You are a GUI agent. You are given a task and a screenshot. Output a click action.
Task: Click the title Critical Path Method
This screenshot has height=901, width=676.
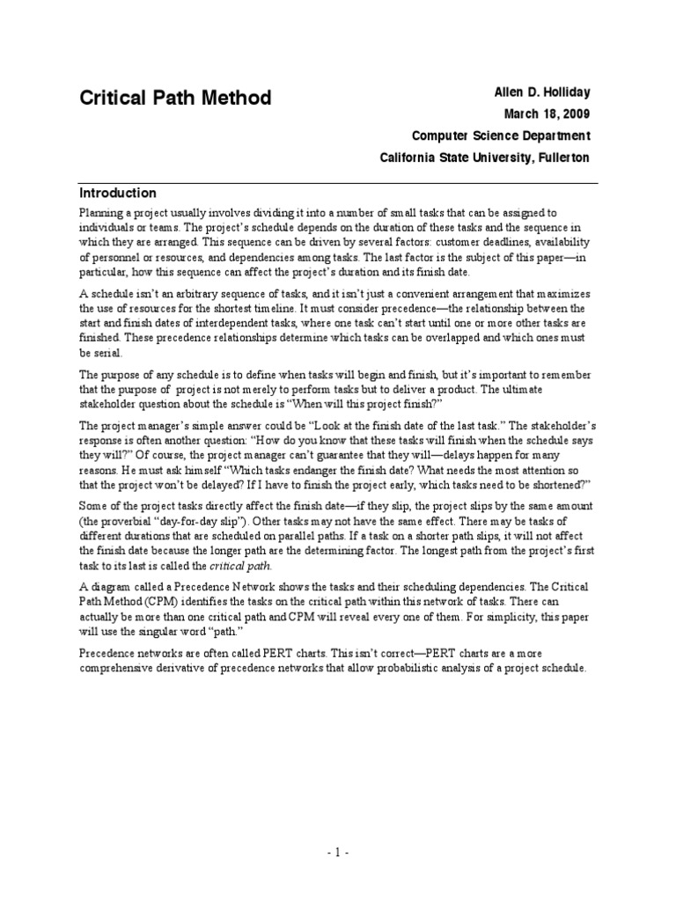[175, 98]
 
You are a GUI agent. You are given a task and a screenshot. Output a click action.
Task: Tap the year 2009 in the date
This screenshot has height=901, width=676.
[572, 114]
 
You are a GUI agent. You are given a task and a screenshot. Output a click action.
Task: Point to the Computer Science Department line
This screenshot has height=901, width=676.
[501, 136]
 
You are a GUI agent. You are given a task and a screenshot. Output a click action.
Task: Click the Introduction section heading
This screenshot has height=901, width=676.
[118, 194]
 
